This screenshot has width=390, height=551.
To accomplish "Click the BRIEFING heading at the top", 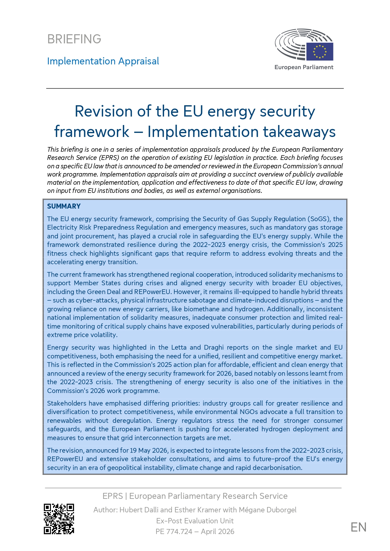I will coord(74,39).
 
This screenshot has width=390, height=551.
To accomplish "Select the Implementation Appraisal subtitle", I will coord(103,61).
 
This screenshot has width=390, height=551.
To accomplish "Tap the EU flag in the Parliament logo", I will coord(319,52).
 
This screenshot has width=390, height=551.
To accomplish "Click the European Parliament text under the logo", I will coord(304,67).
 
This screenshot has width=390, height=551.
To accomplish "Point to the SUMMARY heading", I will coord(64,206).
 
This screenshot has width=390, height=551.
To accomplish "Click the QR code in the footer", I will coord(59,519).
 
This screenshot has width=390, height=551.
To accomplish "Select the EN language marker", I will coord(358,527).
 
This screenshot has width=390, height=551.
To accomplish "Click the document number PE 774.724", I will coord(174,532).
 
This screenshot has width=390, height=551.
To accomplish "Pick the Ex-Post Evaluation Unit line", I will coord(195,521).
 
